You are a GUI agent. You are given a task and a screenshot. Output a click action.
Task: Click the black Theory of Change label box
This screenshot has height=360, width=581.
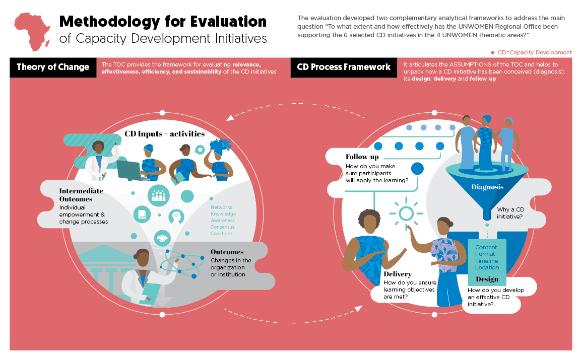pos(53,67)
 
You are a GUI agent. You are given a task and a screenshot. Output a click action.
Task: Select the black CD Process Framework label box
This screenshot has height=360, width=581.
pos(344,67)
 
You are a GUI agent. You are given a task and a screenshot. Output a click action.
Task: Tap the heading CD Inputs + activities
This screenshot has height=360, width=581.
pos(165,134)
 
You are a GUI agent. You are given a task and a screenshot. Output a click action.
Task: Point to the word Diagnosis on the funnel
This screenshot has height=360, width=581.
pos(487,187)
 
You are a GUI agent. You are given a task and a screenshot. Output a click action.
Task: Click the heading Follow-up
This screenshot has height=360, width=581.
pos(362,157)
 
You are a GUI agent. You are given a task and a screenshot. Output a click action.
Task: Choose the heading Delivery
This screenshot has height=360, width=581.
pos(398,274)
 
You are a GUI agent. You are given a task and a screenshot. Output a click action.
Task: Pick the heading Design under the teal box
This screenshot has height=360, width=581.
pos(487,279)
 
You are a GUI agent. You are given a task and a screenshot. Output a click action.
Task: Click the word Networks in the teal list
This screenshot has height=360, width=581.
pos(221,207)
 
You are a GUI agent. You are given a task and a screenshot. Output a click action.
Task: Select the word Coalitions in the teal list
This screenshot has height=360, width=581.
pos(222,234)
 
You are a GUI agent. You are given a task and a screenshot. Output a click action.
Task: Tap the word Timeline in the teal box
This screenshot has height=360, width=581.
pos(487,261)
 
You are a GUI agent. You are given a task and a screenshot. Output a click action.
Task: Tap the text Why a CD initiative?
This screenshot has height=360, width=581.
pos(510,213)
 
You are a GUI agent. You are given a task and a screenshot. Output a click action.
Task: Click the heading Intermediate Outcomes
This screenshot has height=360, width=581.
pos(81,195)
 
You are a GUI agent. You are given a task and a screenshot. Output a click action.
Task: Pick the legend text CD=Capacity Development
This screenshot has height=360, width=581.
pos(535,52)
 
